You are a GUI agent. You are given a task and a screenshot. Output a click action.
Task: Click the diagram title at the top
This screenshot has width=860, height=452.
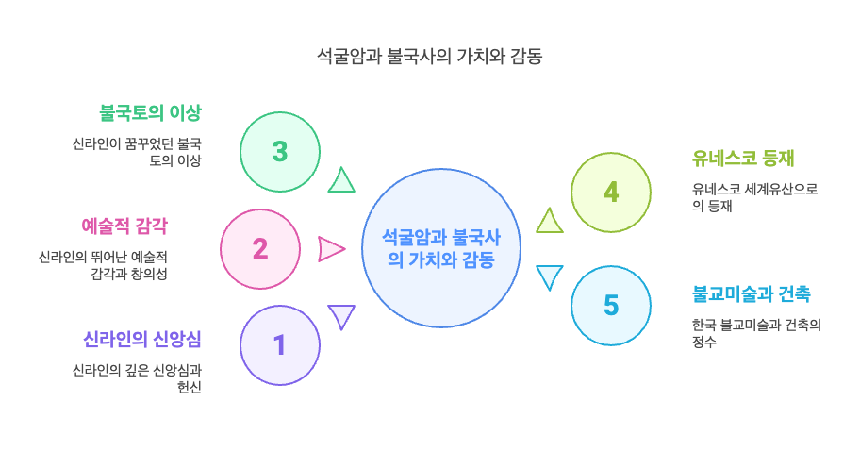[x=429, y=57]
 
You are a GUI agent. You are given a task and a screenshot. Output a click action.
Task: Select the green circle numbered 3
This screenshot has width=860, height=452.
[x=280, y=152]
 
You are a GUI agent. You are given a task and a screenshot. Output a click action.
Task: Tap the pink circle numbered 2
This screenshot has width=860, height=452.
[x=260, y=249]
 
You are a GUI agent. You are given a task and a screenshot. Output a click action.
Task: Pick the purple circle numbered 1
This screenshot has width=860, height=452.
[x=280, y=345]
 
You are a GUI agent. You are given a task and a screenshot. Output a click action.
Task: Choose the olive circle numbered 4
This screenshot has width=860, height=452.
[x=611, y=193]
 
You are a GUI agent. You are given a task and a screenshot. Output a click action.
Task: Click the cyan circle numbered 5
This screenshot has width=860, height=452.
[x=611, y=306]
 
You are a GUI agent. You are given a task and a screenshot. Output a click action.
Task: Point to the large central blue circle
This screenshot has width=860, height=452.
[x=441, y=248]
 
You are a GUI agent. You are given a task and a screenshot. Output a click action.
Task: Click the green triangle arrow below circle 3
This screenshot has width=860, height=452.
[x=340, y=180]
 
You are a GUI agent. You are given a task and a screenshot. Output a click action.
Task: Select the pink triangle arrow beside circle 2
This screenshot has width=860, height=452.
[x=330, y=249]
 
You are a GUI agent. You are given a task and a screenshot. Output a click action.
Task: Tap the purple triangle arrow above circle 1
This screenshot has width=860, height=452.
[x=340, y=316]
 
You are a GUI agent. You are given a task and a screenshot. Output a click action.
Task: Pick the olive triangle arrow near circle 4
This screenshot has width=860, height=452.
[x=549, y=221]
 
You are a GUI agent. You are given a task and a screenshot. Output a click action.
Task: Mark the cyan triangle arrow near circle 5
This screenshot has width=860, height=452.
[x=549, y=276]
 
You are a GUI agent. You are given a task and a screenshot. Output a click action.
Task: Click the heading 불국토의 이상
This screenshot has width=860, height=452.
[x=151, y=113]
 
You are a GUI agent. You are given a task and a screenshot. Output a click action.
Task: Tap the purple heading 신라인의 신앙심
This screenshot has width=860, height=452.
[x=142, y=339]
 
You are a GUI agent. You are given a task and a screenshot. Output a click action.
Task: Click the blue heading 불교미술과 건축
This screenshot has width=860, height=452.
[x=751, y=293]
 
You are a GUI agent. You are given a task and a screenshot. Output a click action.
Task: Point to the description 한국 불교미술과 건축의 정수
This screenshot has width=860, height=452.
[x=755, y=333]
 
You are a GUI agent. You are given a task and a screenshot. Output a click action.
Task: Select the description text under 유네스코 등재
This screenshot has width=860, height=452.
[x=754, y=197]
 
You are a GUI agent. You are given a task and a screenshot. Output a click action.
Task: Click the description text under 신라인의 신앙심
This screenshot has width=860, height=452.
[x=137, y=378]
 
